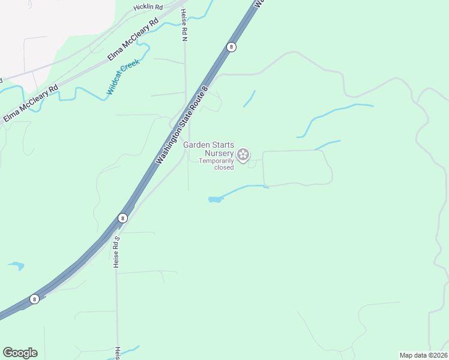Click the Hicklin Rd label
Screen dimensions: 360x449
pyautogui.click(x=148, y=7)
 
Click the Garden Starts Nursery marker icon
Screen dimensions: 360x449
pyautogui.click(x=243, y=155)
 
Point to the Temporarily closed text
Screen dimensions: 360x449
pyautogui.click(x=216, y=164)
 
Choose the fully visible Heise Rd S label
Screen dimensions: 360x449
pyautogui.click(x=117, y=251)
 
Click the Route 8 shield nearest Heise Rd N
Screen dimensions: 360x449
pyautogui.click(x=231, y=47)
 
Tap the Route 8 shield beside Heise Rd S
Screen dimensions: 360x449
pyautogui.click(x=122, y=218)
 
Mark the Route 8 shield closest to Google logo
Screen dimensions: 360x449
pyautogui.click(x=35, y=299)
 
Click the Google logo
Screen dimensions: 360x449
pyautogui.click(x=20, y=353)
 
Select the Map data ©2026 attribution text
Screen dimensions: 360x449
pyautogui.click(x=423, y=355)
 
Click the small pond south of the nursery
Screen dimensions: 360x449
pyautogui.click(x=215, y=199)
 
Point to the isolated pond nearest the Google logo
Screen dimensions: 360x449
pyautogui.click(x=16, y=265)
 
